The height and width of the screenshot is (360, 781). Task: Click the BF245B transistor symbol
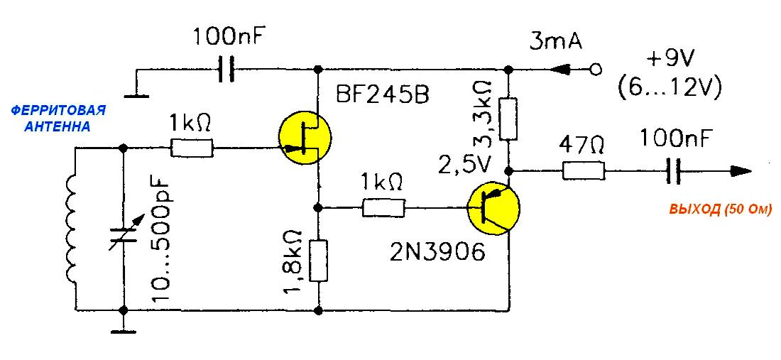pos(305,139)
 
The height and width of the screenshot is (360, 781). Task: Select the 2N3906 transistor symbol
pos(493,208)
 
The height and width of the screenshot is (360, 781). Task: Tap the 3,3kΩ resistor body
pos(508,119)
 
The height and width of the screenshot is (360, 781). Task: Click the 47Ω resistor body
pos(584,171)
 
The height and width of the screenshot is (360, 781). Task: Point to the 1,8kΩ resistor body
pos(319,261)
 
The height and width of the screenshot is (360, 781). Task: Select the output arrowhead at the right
pos(741,171)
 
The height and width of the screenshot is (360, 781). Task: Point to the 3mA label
pos(555,42)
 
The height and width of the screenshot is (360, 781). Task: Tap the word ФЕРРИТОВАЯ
pos(58,109)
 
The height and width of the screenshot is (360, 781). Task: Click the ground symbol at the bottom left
pos(123,329)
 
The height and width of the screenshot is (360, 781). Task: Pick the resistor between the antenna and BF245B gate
pos(192,148)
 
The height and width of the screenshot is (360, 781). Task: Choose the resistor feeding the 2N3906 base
pos(383,207)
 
